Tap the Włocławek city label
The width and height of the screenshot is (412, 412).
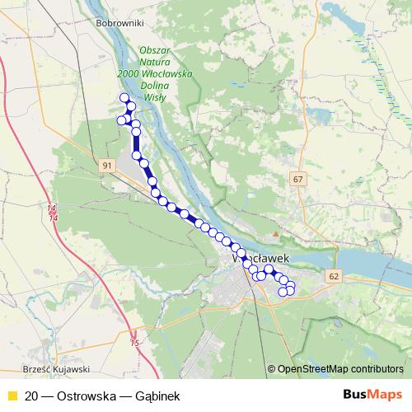click(263, 258)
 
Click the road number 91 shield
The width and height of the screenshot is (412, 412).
click(107, 166)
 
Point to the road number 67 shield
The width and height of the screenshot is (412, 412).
click(297, 179)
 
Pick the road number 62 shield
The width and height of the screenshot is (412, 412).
click(332, 277)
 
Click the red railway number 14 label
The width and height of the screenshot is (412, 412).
click(52, 213)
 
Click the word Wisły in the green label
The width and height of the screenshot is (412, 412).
click(154, 96)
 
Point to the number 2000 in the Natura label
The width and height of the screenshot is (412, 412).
click(128, 73)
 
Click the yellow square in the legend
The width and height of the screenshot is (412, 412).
click(12, 396)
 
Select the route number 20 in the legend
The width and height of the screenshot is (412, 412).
click(31, 396)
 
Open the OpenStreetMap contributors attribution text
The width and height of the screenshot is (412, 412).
click(339, 368)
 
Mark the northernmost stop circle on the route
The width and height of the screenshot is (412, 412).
click(125, 98)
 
